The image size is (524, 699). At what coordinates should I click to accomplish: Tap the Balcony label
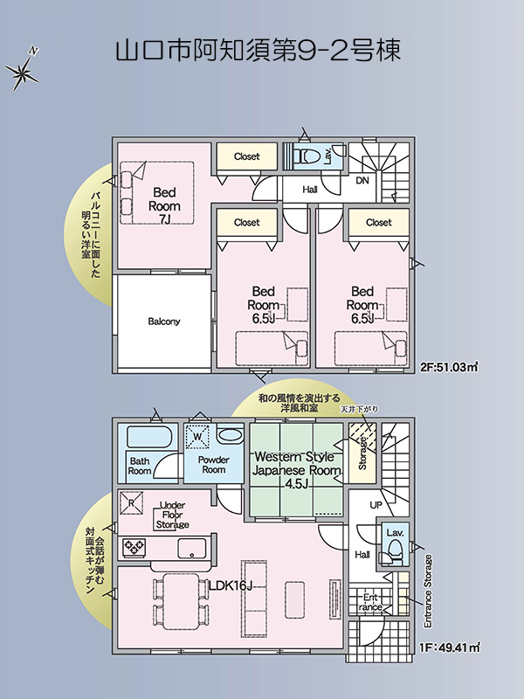(x=164, y=322)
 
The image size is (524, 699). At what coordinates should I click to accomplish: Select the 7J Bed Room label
(x=164, y=205)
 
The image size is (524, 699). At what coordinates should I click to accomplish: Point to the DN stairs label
(x=362, y=181)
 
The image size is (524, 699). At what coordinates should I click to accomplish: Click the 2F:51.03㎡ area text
(x=449, y=367)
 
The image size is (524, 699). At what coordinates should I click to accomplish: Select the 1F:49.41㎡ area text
(x=449, y=647)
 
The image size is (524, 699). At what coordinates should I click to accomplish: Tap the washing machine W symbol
(x=198, y=436)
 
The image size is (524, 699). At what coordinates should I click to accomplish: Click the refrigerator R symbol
(x=132, y=503)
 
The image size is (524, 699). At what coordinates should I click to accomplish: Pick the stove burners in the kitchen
(x=134, y=548)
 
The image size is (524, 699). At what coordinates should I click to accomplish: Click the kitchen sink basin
(x=192, y=548)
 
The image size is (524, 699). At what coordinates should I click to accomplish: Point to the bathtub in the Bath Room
(x=149, y=437)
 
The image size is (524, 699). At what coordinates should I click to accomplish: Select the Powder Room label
(x=214, y=465)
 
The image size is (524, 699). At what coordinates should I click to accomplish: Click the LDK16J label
(x=231, y=585)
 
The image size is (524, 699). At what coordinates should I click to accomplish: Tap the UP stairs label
(x=376, y=505)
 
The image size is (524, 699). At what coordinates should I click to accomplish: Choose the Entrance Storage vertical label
(x=428, y=592)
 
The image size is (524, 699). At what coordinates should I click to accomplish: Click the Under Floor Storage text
(x=172, y=515)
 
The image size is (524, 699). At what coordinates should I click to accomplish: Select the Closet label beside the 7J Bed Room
(x=247, y=156)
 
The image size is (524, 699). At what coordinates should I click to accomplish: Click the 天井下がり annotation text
(x=359, y=409)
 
